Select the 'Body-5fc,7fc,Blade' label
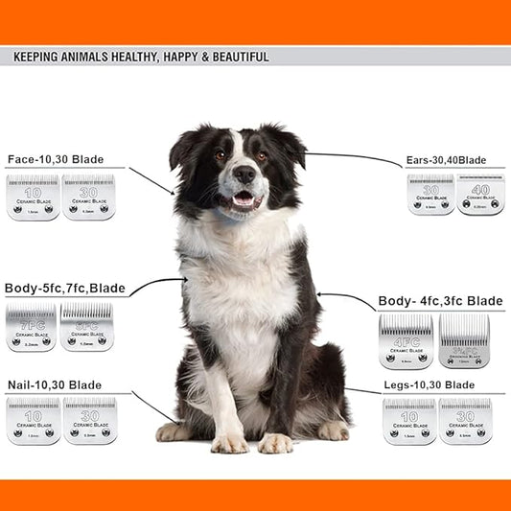click(x=65, y=288)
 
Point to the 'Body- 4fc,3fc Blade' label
click(x=441, y=301)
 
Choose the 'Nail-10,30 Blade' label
click(x=54, y=384)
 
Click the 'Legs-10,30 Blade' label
click(x=429, y=384)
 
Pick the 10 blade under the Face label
click(x=33, y=197)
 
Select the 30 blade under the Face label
click(x=88, y=197)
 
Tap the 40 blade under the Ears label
click(x=479, y=195)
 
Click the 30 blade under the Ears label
click(x=430, y=195)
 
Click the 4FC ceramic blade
click(x=406, y=342)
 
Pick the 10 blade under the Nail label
click(x=33, y=421)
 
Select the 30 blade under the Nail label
click(x=89, y=421)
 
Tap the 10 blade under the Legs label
click(x=409, y=422)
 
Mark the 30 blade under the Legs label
click(x=465, y=422)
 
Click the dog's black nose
click(x=244, y=174)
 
